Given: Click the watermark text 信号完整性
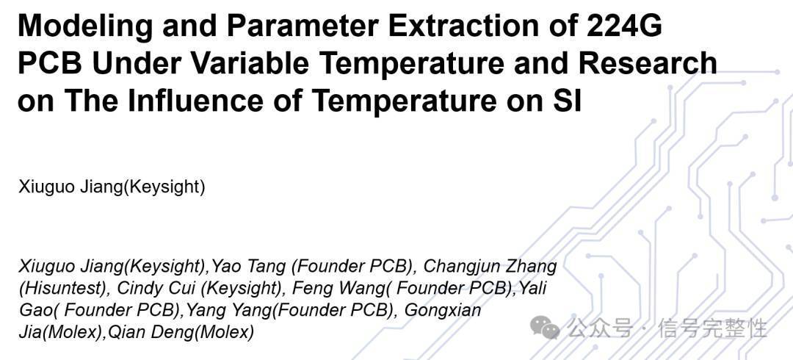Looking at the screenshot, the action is coord(712,328).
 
